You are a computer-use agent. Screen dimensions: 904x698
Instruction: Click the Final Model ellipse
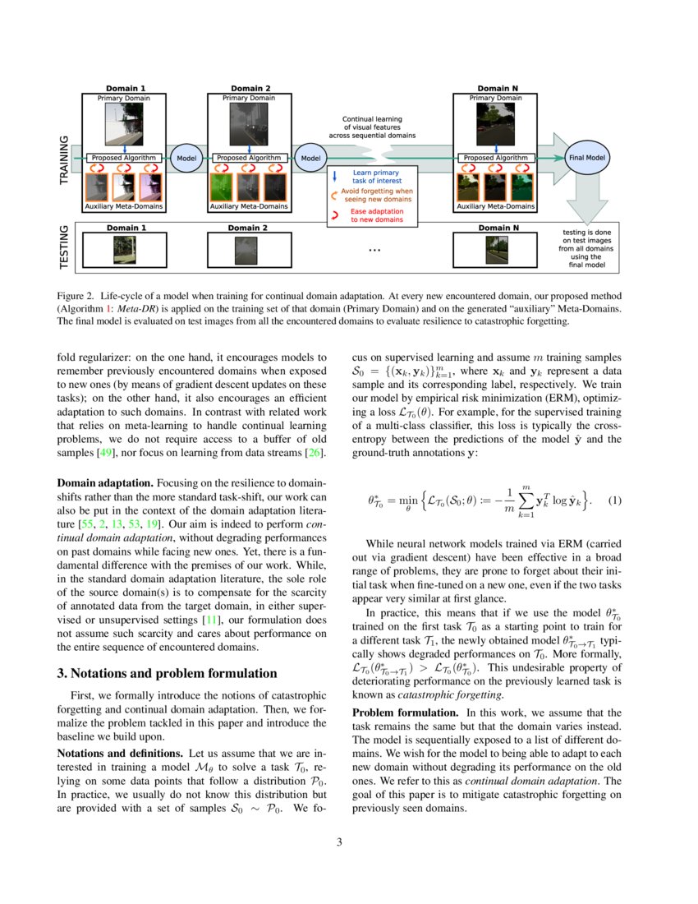click(x=585, y=157)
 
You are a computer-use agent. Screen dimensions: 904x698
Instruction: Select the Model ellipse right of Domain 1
click(x=186, y=157)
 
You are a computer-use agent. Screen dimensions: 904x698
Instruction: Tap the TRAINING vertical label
click(x=65, y=160)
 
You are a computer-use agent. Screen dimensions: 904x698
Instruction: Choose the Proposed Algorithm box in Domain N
click(x=496, y=157)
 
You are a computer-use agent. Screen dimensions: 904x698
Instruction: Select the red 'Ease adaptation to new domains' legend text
click(x=376, y=215)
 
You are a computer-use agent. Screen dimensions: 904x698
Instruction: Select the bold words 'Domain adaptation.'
click(x=103, y=482)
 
